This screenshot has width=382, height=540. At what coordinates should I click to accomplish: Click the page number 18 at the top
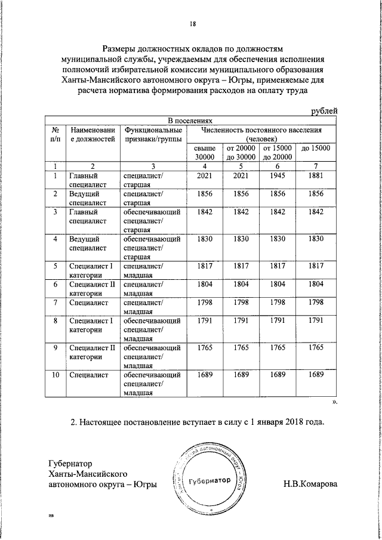coord(193,24)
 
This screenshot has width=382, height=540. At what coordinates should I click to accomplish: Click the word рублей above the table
coord(325,110)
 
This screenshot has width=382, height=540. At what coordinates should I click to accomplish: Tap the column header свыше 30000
coord(205,152)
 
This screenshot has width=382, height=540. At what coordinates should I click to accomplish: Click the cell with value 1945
coord(278,176)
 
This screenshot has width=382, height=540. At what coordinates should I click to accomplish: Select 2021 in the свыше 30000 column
coord(205,176)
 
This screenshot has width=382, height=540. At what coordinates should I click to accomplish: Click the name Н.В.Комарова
coord(310,485)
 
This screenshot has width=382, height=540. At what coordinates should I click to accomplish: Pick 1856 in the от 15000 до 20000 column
coord(278,194)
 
